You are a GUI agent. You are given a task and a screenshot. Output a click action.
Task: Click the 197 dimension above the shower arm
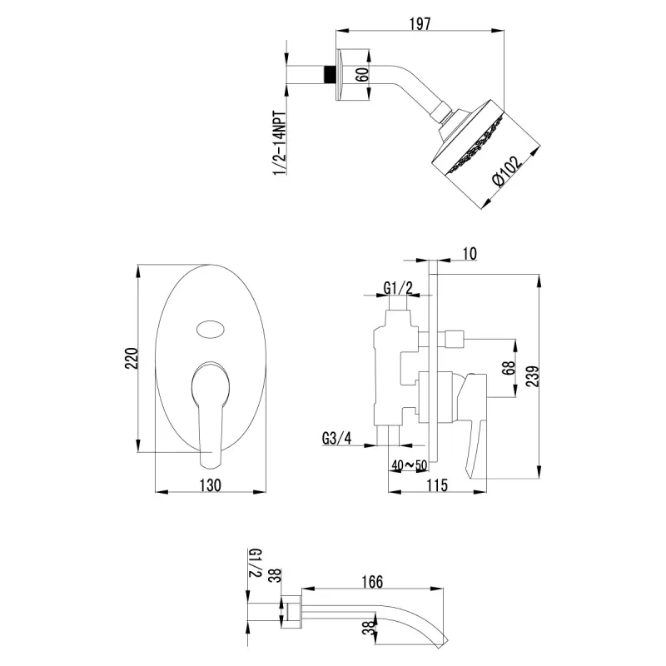click(420, 24)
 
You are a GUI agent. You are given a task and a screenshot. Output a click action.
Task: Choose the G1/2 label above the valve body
click(398, 288)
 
